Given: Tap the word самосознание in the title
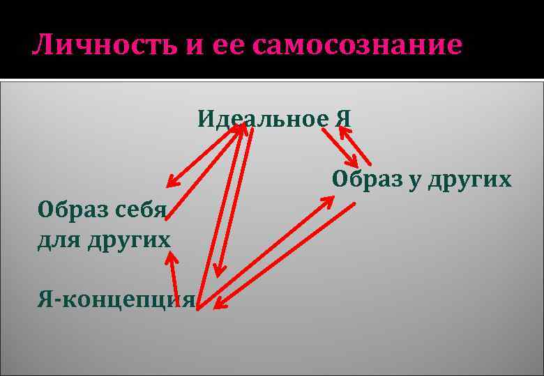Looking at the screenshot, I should tap(358, 45).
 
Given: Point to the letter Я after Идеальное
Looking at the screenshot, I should tap(344, 118).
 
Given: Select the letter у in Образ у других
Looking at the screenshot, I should tap(414, 180).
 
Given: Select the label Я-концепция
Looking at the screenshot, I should tap(116, 300).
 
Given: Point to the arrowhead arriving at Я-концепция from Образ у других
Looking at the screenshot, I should tap(218, 303).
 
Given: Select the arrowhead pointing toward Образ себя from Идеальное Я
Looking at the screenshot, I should tap(172, 182).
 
